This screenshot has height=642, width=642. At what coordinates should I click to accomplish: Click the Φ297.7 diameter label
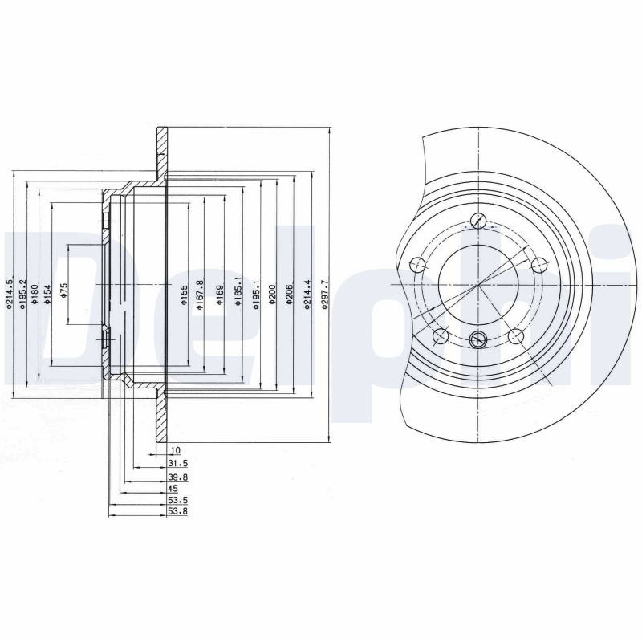click(326, 294)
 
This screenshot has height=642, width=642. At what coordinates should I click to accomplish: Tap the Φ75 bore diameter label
click(64, 289)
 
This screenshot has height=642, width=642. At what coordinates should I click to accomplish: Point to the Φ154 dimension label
click(47, 294)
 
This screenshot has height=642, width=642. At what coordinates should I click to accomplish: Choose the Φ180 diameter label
click(35, 294)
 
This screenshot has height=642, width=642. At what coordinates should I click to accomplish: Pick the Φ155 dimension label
click(185, 295)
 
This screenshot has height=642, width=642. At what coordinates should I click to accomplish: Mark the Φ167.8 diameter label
click(200, 295)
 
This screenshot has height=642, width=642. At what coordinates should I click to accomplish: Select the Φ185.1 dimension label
click(238, 294)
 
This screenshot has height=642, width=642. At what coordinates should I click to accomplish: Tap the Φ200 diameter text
click(273, 294)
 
